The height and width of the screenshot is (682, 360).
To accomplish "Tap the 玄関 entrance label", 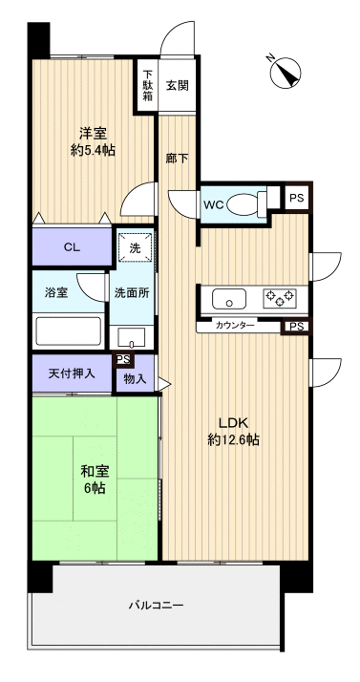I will coord(177,86).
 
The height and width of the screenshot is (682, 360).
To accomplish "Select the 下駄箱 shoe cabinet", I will coord(148,87).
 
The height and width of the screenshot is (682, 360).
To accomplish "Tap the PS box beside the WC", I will coord(297,199).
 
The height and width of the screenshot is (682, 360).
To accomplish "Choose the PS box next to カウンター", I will coord(297,327).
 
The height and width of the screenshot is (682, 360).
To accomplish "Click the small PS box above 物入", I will coord(122,360).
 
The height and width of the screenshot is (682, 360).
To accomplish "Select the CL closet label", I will coord(71,247).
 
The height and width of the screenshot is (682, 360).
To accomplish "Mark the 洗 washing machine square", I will coord(135,248).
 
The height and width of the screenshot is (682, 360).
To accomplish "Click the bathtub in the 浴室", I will coord(68,331).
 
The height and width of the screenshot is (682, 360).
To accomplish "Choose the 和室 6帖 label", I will coord(92,477).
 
